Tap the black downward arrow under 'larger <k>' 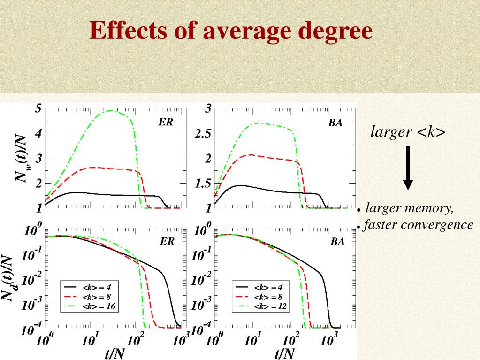click(408, 167)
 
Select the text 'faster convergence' click(418, 225)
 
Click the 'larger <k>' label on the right click(408, 132)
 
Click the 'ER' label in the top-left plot click(165, 122)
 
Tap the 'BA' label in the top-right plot click(335, 123)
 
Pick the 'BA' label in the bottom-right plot click(337, 242)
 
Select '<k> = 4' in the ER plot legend click(97, 286)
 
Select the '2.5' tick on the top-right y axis click(202, 134)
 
